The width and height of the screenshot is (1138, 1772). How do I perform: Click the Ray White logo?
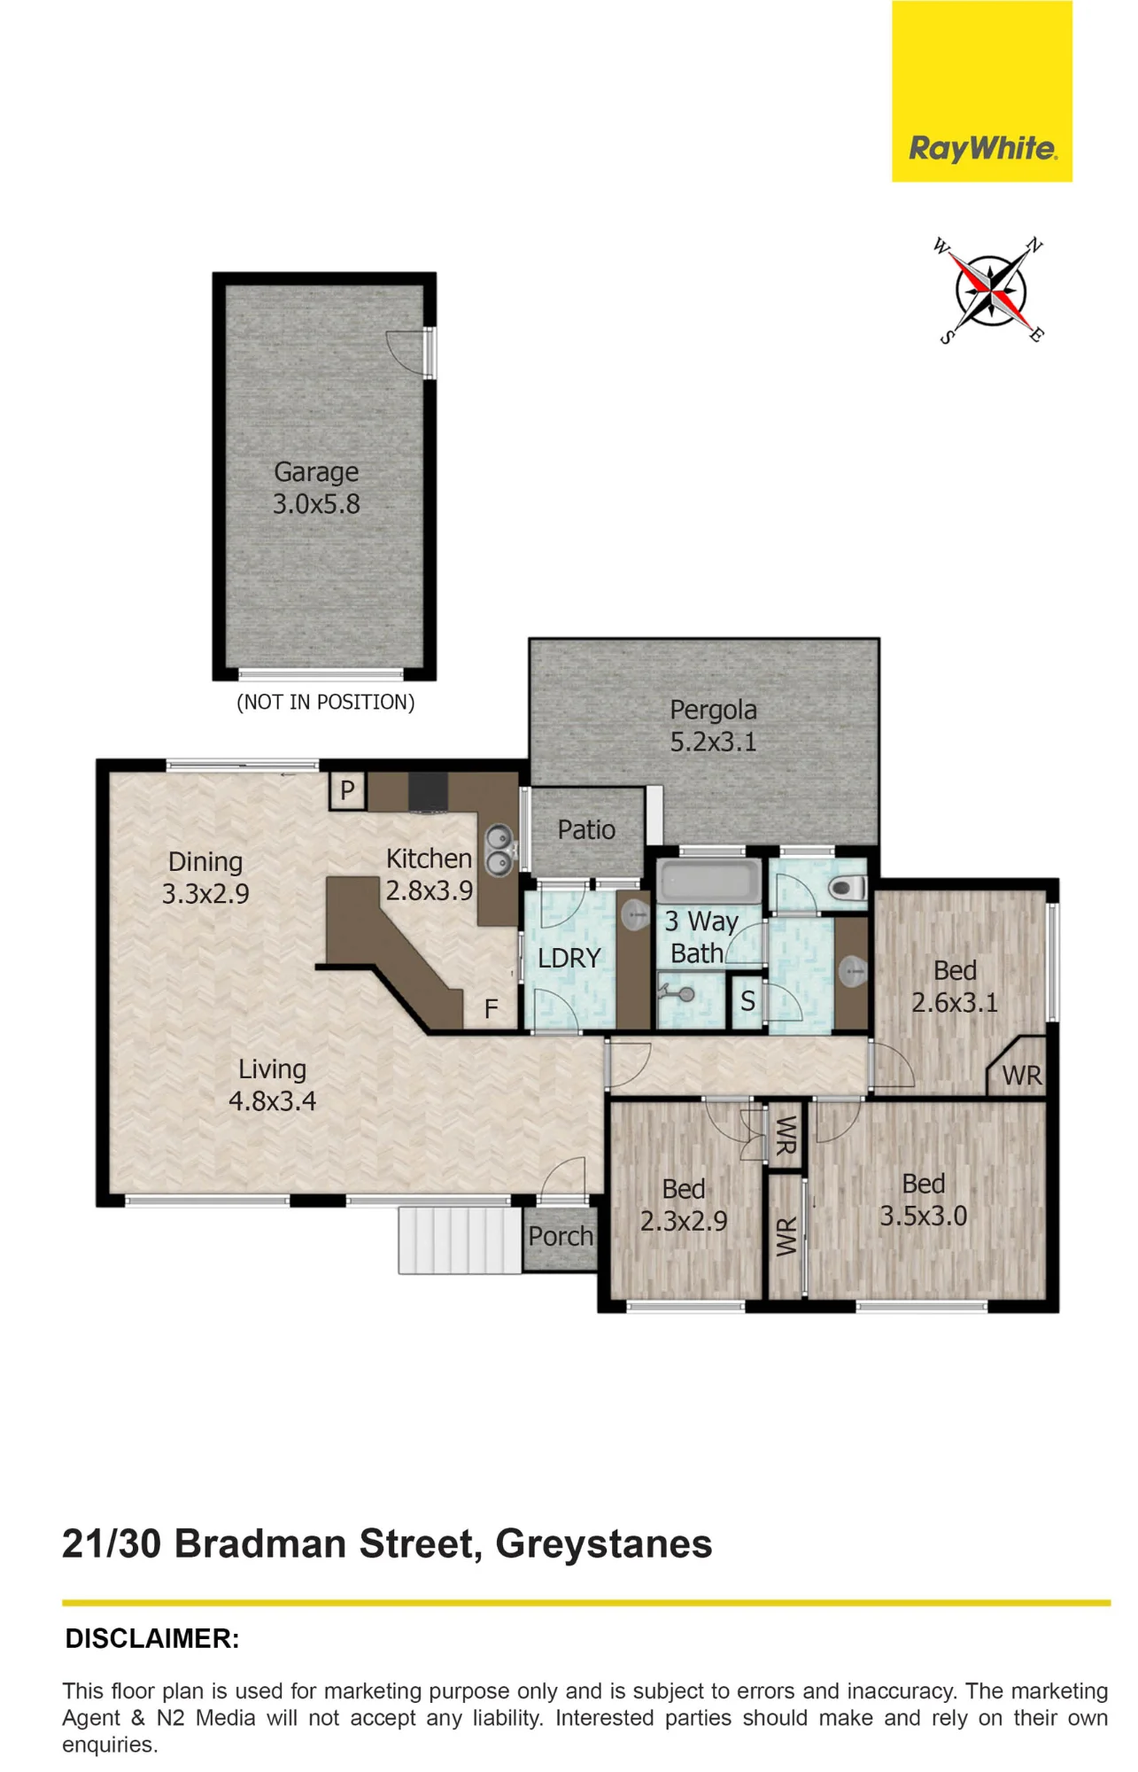coord(981,91)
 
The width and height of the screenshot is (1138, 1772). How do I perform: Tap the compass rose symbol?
coord(990,290)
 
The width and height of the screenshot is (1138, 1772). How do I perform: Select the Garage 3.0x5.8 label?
coord(316,488)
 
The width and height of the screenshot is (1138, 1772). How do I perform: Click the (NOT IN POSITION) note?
coord(325,703)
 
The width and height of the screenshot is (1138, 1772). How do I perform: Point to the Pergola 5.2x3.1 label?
coord(713,726)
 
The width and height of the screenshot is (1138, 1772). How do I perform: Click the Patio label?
coord(586,830)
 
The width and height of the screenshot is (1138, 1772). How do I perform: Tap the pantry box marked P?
coord(347,790)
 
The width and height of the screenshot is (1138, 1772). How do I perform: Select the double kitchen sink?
coord(499,851)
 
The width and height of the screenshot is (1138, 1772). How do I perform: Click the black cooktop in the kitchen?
coord(429,791)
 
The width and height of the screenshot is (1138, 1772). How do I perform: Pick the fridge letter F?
coord(491,1008)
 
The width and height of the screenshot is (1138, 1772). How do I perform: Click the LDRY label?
coord(569,959)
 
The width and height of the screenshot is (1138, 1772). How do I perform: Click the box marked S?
coord(747,1001)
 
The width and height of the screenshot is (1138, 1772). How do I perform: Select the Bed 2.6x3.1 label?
coord(955,987)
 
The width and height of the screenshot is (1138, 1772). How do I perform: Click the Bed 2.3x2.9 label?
coord(684,1205)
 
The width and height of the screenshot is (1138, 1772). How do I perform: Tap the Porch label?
coord(561,1237)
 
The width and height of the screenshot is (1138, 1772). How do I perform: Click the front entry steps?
coord(460,1240)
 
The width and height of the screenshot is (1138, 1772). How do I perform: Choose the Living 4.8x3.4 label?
coord(272,1085)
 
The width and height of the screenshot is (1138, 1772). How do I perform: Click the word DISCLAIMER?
coord(152,1639)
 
